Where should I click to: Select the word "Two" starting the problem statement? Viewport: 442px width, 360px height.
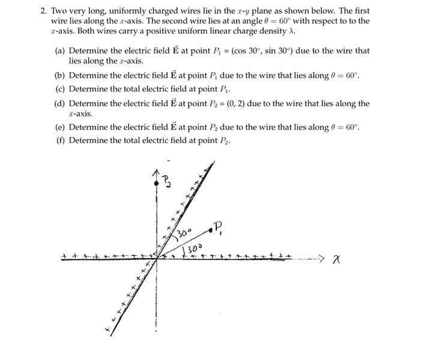click(59, 11)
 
